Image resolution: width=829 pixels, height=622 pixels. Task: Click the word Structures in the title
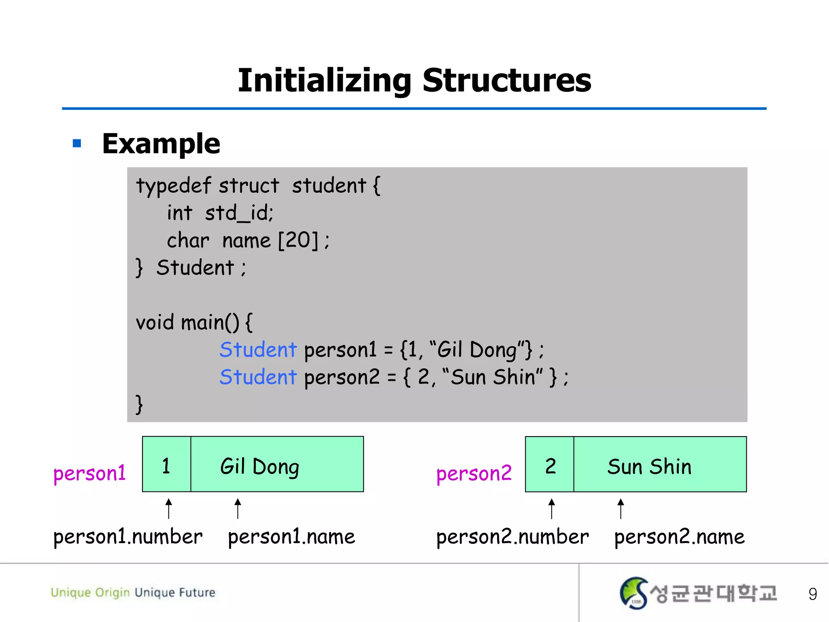(x=506, y=81)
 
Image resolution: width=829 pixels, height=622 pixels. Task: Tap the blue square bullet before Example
(x=77, y=143)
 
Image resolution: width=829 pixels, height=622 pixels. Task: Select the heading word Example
(x=161, y=144)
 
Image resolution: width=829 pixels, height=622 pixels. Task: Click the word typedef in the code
(x=174, y=186)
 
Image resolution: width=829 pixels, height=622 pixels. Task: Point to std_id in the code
(x=239, y=213)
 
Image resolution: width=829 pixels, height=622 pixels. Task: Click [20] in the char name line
(x=298, y=241)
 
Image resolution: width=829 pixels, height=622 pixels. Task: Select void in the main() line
(x=155, y=323)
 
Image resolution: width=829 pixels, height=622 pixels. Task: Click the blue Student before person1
(x=258, y=350)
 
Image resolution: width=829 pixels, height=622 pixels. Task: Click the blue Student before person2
(x=258, y=377)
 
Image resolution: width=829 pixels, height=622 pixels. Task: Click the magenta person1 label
(x=89, y=473)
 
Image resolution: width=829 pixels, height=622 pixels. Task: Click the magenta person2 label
(x=474, y=473)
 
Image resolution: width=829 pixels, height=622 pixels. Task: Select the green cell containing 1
(x=166, y=464)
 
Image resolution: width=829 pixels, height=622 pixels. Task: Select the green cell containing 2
(x=550, y=464)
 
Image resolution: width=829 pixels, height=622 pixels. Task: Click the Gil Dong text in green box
(x=259, y=466)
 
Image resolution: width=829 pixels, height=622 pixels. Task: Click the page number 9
(x=812, y=594)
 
